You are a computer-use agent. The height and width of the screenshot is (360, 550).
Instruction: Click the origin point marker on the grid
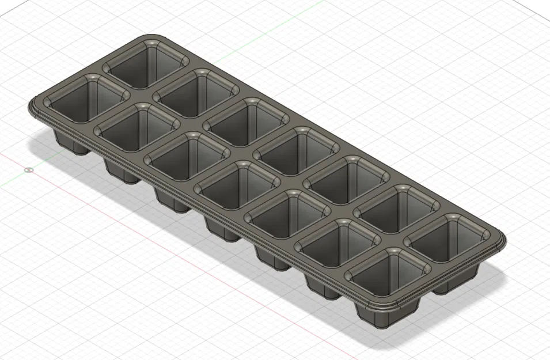[x=29, y=169]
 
